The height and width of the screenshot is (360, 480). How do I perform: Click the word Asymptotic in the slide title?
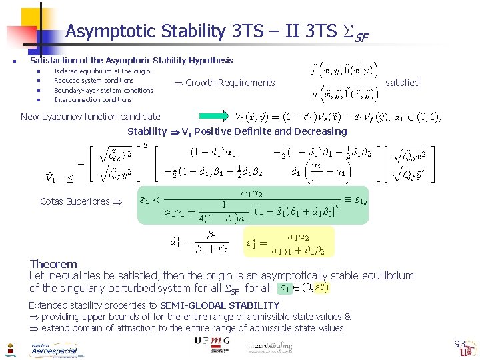[101, 31]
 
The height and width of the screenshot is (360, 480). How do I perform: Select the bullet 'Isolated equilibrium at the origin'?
[102, 71]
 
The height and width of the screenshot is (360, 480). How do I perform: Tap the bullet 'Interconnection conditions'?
[93, 100]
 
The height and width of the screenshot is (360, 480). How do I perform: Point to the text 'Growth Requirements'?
[230, 83]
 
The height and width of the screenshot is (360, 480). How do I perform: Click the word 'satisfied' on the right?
[403, 83]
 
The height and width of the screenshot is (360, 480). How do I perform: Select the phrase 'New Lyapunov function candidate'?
[91, 117]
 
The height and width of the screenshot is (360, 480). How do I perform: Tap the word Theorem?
[53, 264]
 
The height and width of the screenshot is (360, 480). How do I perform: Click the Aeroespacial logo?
[53, 350]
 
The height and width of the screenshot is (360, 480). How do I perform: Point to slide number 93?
[459, 344]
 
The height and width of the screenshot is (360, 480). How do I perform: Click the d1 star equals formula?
[200, 241]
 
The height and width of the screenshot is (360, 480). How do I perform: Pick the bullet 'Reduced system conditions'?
[94, 81]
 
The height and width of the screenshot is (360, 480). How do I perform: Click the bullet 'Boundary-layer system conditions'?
[103, 91]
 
